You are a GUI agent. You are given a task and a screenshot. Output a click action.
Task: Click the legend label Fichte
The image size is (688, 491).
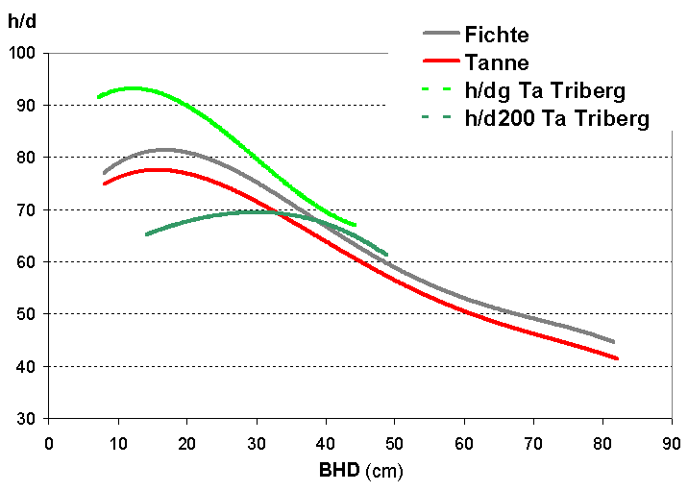pyautogui.click(x=497, y=35)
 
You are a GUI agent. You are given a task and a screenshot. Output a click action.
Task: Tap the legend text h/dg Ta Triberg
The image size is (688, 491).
pyautogui.click(x=545, y=91)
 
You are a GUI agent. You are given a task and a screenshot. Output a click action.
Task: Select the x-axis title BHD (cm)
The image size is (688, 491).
pyautogui.click(x=360, y=472)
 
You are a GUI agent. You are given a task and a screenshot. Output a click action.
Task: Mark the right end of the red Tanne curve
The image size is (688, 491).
pyautogui.click(x=617, y=358)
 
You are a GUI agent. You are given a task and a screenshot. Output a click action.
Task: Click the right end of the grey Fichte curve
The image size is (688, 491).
pyautogui.click(x=613, y=342)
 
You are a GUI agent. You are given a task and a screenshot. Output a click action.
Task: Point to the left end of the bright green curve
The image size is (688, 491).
pyautogui.click(x=98, y=97)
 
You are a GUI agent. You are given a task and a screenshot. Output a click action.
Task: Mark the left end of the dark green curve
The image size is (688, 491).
pyautogui.click(x=146, y=234)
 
